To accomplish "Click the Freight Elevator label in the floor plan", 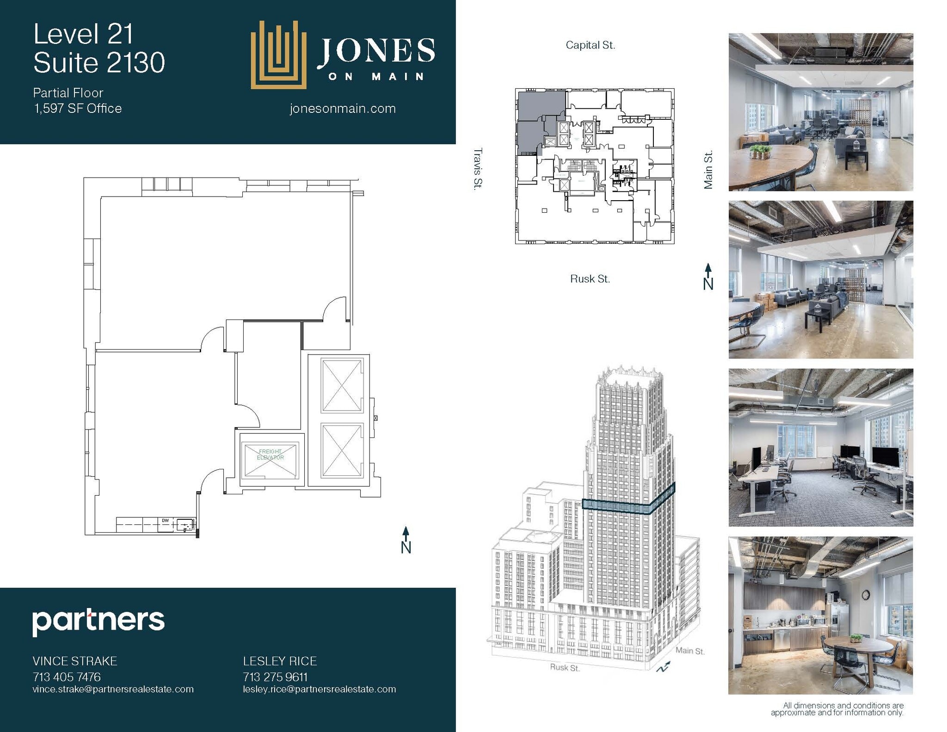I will [x=271, y=454].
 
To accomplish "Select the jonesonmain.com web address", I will [x=343, y=109].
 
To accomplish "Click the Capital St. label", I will [x=590, y=45].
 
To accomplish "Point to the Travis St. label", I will [x=478, y=168].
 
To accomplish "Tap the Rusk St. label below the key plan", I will [x=590, y=279].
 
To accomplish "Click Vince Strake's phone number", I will [x=67, y=677].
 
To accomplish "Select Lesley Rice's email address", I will [x=320, y=689].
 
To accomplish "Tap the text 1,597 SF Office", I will [x=78, y=109].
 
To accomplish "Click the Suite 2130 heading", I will [x=99, y=63].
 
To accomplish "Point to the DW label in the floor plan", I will [x=165, y=521].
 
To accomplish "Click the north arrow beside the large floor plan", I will [x=406, y=540].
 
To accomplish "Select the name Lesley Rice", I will [x=280, y=661].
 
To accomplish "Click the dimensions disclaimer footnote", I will [x=837, y=709].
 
